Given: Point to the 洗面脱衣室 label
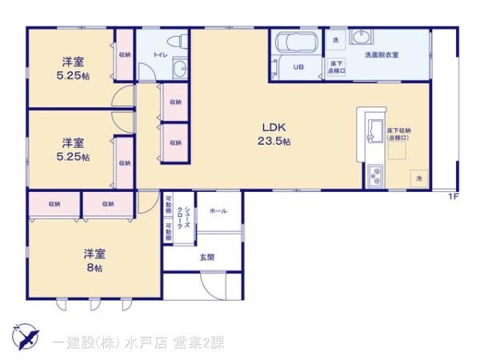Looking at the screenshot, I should (x=382, y=54).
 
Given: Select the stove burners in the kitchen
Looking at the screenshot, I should (x=374, y=176).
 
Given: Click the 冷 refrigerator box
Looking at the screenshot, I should (x=418, y=178).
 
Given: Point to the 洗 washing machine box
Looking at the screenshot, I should (x=336, y=40).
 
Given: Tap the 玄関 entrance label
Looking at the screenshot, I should (x=206, y=257).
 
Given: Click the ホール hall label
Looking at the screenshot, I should (x=217, y=210).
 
